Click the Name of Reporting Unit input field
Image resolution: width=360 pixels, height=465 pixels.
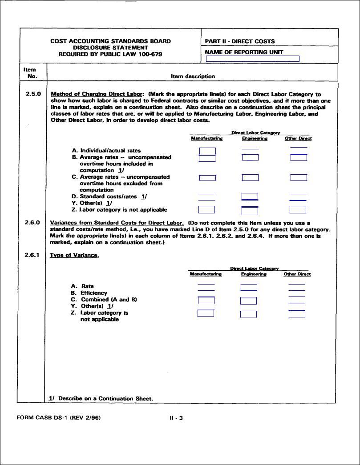(252, 59)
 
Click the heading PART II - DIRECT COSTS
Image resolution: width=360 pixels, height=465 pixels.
(239, 41)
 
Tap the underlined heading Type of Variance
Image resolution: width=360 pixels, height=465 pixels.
(74, 255)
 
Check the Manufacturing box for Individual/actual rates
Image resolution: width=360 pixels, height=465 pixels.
(207, 151)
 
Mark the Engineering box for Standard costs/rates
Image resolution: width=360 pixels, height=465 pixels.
(250, 196)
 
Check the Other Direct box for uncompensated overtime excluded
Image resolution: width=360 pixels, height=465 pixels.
(299, 178)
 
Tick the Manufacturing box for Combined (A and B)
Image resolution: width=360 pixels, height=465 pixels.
(206, 300)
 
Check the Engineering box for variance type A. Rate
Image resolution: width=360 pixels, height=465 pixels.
(249, 288)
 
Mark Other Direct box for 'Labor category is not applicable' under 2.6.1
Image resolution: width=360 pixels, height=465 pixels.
(297, 314)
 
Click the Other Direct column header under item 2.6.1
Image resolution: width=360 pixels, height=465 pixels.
(297, 274)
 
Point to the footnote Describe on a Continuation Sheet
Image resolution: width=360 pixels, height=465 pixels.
(101, 398)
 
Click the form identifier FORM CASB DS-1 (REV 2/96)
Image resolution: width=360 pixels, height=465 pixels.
(61, 418)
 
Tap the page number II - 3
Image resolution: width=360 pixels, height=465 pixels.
(176, 418)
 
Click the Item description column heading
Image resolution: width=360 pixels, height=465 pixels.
(193, 76)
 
